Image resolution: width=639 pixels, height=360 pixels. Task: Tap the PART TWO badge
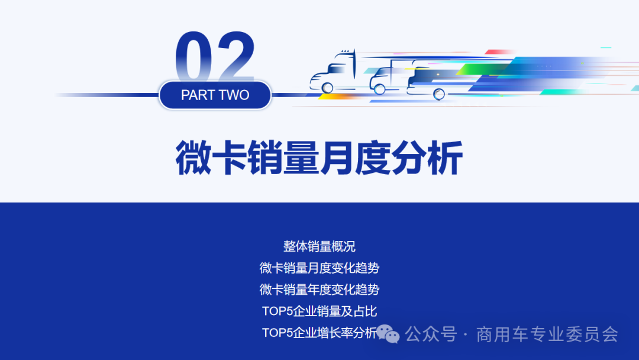(x=215, y=95)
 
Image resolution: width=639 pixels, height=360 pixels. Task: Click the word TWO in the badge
(x=234, y=95)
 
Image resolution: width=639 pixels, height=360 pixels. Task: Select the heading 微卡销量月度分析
(x=319, y=157)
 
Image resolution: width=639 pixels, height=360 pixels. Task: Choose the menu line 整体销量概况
(x=319, y=246)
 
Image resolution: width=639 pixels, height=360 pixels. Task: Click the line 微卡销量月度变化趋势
(x=319, y=268)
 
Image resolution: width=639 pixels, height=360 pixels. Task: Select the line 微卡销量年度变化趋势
(x=319, y=290)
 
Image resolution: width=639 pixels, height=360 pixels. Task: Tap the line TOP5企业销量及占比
(x=319, y=311)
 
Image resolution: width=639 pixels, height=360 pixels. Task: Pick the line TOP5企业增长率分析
(x=319, y=333)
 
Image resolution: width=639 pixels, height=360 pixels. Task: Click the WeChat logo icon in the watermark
(x=388, y=334)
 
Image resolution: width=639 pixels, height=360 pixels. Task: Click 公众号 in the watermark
(x=431, y=335)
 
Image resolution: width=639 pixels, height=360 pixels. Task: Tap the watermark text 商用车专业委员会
(x=547, y=335)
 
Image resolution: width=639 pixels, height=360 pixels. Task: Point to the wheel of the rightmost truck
(x=439, y=94)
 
